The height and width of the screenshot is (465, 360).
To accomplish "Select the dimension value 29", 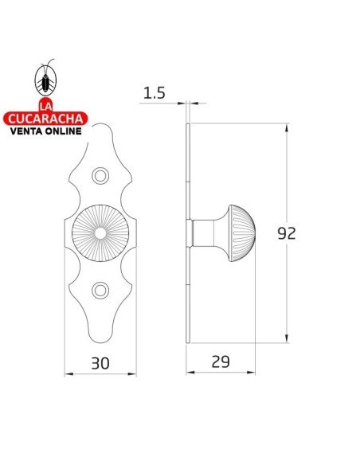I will [221, 361].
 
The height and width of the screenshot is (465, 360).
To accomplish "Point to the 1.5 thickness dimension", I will [155, 93].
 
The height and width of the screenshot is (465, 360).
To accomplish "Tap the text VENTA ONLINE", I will [46, 132].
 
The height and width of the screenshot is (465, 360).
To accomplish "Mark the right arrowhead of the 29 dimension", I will [253, 373].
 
